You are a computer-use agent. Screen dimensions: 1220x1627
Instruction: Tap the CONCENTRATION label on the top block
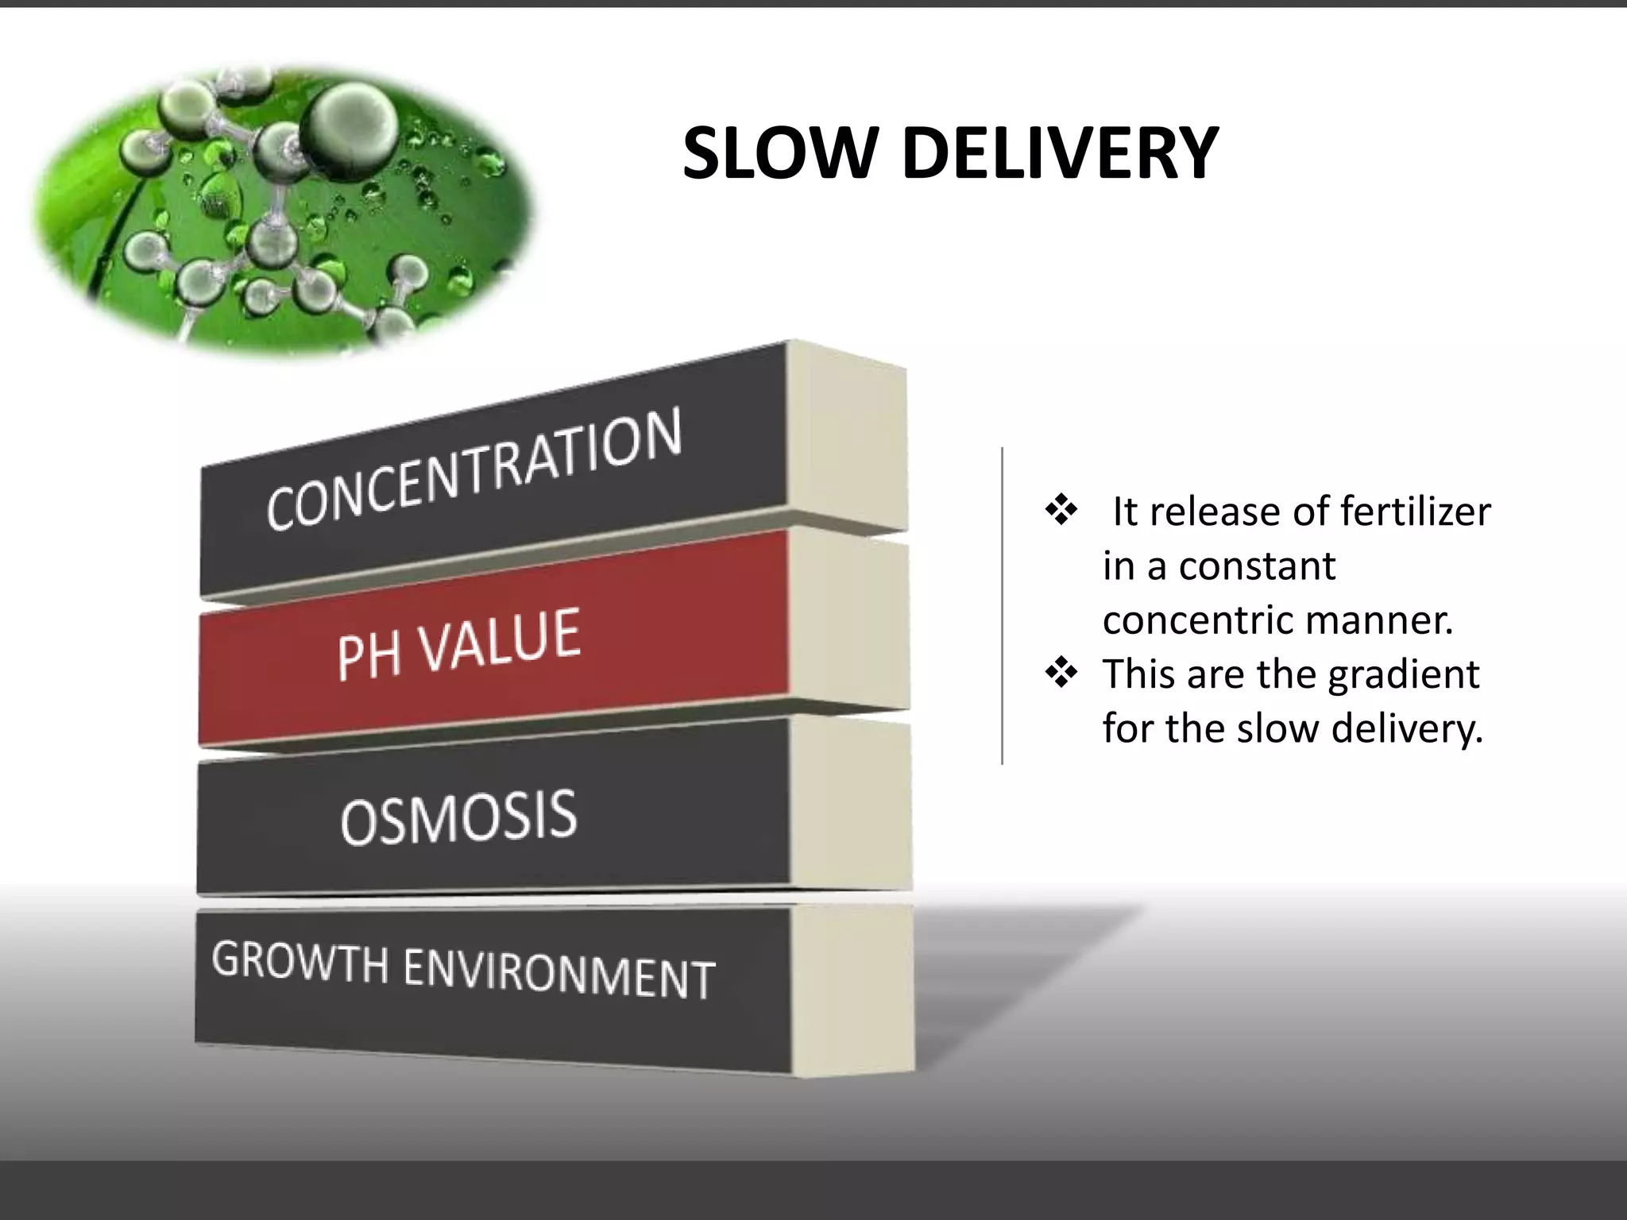pyautogui.click(x=474, y=469)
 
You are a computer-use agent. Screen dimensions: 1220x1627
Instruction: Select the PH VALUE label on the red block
pyautogui.click(x=458, y=643)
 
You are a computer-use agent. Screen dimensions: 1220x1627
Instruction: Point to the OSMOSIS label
pyautogui.click(x=458, y=817)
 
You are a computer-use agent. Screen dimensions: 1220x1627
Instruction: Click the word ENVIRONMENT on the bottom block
pyautogui.click(x=559, y=975)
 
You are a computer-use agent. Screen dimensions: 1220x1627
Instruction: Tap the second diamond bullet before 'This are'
pyautogui.click(x=1061, y=674)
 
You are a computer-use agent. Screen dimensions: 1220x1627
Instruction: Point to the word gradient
pyautogui.click(x=1403, y=675)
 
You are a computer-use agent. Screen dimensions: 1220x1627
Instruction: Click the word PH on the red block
pyautogui.click(x=367, y=655)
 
